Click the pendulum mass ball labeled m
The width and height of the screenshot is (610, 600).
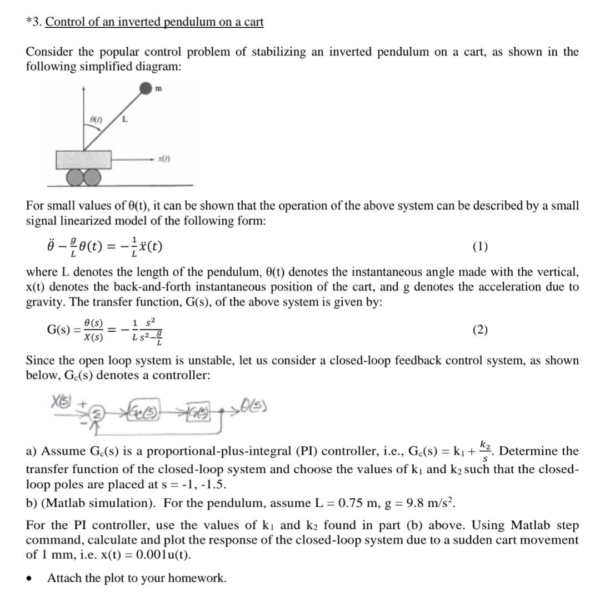tap(146, 88)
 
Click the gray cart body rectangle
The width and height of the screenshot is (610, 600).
tap(84, 159)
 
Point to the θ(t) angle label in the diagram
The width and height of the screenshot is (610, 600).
tap(97, 118)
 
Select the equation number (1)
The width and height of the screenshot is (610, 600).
tap(480, 246)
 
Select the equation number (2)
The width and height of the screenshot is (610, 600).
tap(480, 330)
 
